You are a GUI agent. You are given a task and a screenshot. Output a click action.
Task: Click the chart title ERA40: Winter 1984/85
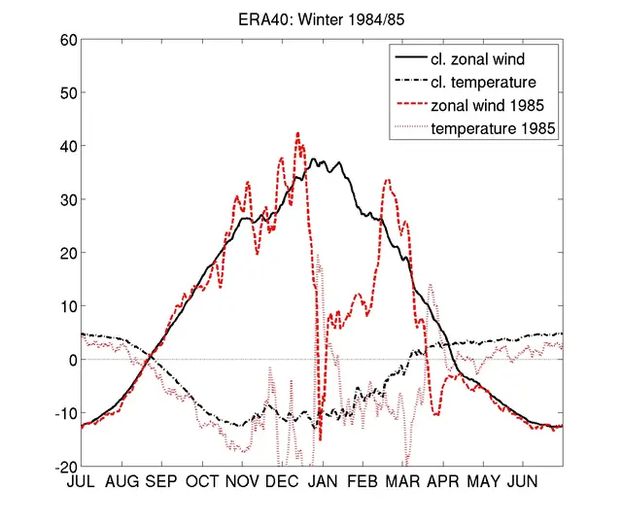[320, 18]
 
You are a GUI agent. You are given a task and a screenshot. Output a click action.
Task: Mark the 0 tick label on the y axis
[68, 360]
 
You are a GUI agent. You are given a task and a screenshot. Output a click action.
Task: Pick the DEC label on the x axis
[282, 481]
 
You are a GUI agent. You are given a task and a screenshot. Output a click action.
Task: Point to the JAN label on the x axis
[323, 481]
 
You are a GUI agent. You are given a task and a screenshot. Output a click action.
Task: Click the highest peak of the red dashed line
[297, 133]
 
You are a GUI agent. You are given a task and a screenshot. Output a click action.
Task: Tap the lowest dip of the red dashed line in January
[320, 439]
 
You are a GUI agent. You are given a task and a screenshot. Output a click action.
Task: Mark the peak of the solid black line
[313, 159]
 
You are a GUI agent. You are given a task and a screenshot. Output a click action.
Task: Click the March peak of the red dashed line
[388, 180]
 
